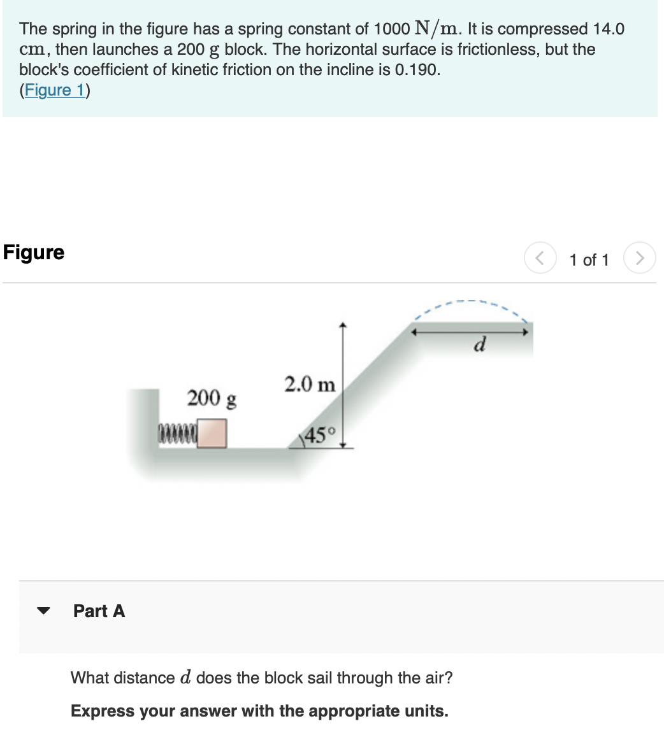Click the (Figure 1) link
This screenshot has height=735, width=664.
coord(55,90)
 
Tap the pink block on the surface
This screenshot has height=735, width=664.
coord(212,433)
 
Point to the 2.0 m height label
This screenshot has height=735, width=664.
coord(310,385)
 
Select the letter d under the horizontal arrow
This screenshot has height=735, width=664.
coord(480,346)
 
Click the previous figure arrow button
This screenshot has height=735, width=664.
coord(539,259)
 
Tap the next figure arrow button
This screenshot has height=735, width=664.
coord(639,259)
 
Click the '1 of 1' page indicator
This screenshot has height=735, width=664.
coord(589,260)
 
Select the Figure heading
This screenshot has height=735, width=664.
coord(34,252)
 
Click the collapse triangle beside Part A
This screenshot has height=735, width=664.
coord(43,611)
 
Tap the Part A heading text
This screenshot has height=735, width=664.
coord(99,611)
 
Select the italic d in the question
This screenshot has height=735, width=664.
coord(185,677)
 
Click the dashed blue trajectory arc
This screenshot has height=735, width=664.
coord(472,301)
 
